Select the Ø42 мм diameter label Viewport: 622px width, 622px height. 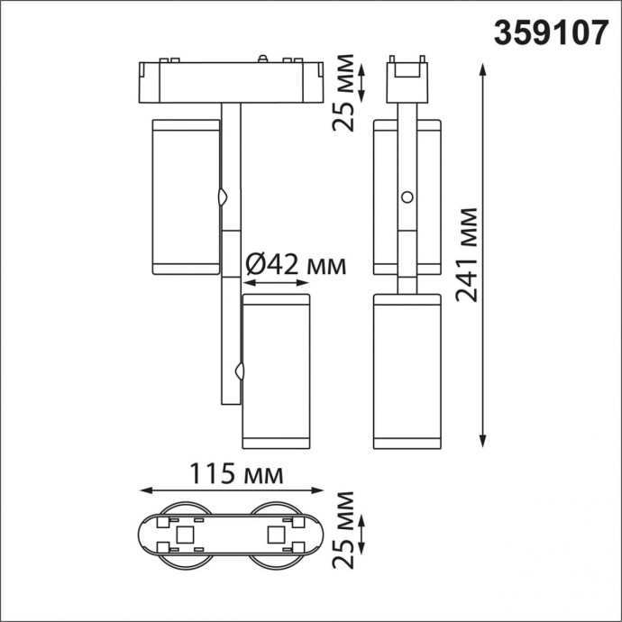[296, 264]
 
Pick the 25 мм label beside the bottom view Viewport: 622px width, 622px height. [343, 531]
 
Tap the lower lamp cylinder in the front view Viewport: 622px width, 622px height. [276, 370]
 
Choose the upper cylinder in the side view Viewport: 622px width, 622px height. [407, 196]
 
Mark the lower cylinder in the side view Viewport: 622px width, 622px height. [407, 371]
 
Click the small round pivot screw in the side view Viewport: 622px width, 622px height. [407, 197]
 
